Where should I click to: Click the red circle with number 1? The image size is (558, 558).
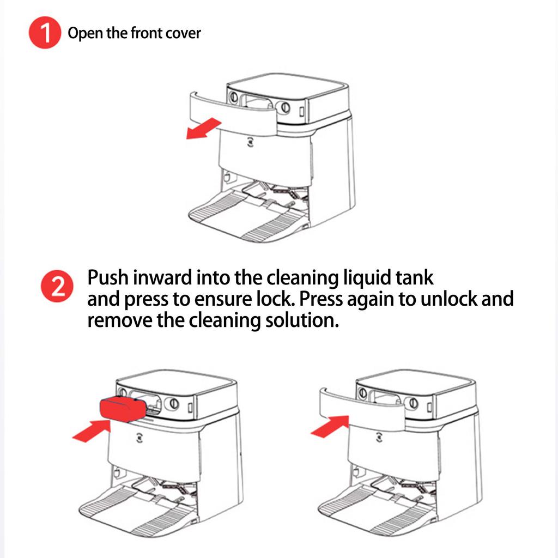(44, 33)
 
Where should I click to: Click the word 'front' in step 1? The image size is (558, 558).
(147, 33)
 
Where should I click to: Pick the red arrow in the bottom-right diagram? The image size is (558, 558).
(329, 424)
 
